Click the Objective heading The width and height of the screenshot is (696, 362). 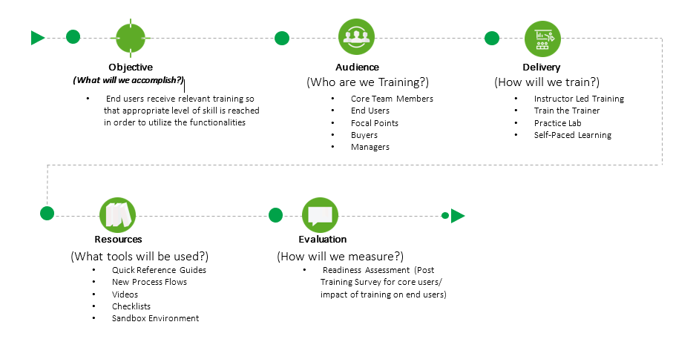(130, 68)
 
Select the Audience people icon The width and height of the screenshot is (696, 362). (357, 37)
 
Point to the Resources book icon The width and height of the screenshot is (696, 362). (118, 215)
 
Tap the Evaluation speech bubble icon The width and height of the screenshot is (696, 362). (321, 215)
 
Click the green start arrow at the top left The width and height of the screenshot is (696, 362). (38, 37)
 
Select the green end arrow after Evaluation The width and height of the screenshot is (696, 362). (458, 216)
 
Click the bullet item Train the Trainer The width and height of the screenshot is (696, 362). (567, 111)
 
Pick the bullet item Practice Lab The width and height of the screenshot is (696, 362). (557, 122)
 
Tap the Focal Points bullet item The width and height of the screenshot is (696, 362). (375, 122)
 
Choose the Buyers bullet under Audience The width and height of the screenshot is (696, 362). (364, 135)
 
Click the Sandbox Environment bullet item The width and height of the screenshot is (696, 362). (155, 318)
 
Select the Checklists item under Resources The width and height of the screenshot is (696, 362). (131, 306)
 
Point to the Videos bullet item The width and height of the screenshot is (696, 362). (125, 294)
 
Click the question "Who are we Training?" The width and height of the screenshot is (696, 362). (367, 82)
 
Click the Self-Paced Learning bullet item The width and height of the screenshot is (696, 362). (572, 135)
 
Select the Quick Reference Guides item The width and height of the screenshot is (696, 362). (159, 270)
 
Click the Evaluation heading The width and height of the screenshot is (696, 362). (322, 240)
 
